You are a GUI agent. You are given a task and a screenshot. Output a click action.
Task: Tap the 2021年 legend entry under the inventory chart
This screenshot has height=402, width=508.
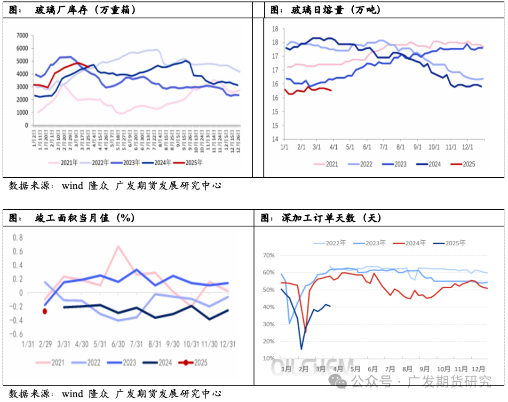(x=65, y=163)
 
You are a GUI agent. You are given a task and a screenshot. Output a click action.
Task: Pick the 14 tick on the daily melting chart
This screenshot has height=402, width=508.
(x=276, y=139)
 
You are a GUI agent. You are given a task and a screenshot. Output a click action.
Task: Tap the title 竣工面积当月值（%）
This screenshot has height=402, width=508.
(x=85, y=218)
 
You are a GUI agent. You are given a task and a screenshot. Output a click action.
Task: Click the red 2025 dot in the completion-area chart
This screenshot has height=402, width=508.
(x=45, y=311)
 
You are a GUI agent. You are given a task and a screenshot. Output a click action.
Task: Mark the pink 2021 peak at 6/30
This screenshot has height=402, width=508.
(x=118, y=246)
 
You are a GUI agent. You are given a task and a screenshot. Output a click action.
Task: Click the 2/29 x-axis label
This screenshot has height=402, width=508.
(x=45, y=344)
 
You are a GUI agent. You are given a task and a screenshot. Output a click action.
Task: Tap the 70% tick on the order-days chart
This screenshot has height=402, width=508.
(x=268, y=255)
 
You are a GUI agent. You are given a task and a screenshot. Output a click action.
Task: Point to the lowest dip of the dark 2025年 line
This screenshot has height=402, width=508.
(x=301, y=349)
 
